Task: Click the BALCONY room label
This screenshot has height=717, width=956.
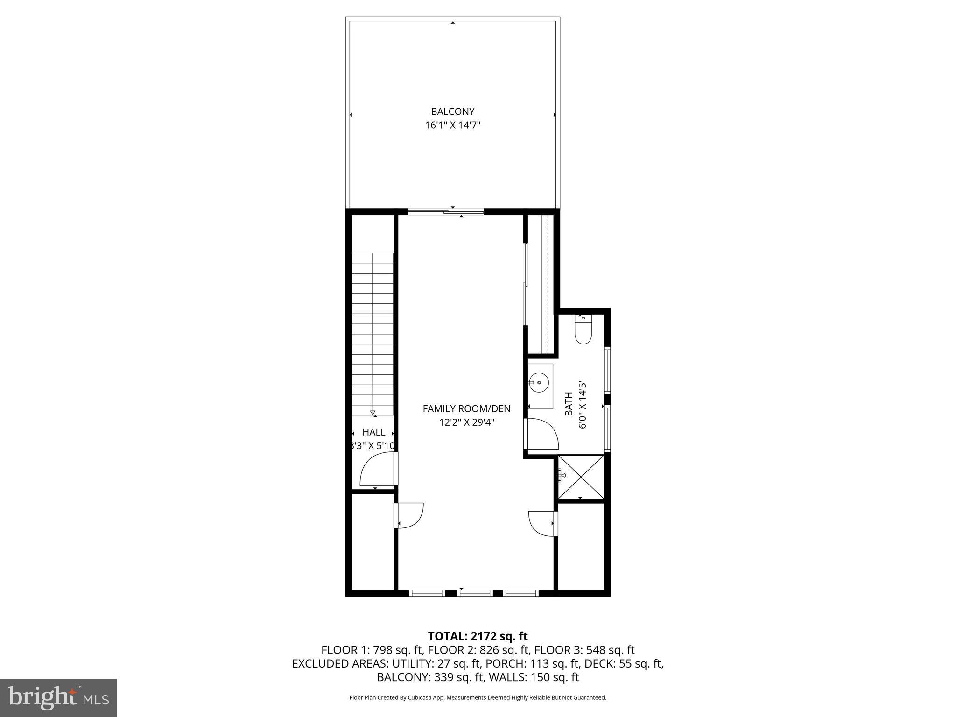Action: click(452, 112)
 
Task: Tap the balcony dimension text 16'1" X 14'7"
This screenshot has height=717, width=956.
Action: click(452, 125)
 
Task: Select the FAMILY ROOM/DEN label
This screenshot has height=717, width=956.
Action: click(466, 408)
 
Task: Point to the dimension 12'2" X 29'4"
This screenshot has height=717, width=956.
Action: click(466, 422)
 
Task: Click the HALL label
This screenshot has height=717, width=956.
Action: click(373, 432)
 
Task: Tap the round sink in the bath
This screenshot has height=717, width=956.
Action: click(539, 383)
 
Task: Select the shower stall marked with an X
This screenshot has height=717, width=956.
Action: click(581, 477)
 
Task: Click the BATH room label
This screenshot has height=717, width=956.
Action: click(569, 404)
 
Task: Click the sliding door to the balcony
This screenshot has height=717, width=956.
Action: click(446, 212)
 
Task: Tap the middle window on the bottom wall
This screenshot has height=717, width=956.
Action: click(475, 593)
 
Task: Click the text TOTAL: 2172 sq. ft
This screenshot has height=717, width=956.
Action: click(478, 636)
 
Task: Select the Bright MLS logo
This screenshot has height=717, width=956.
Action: click(58, 697)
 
